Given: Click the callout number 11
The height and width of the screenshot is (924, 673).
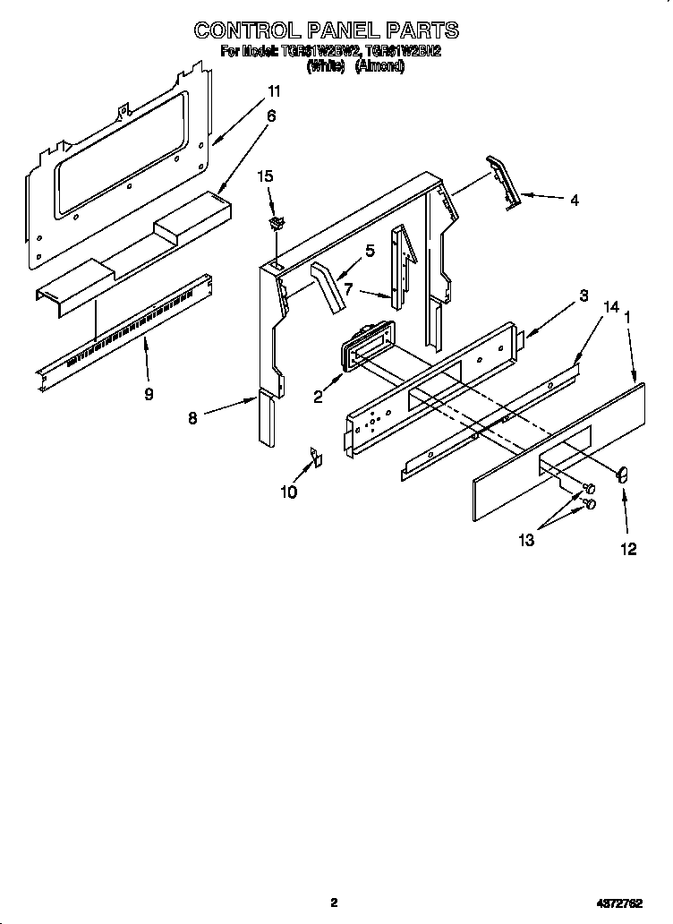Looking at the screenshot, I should pyautogui.click(x=274, y=91).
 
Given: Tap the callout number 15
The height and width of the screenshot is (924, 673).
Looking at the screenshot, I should pyautogui.click(x=264, y=176).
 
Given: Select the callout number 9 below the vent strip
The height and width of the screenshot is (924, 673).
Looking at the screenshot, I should pyautogui.click(x=149, y=393).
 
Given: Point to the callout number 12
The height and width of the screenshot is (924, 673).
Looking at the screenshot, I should pyautogui.click(x=628, y=549).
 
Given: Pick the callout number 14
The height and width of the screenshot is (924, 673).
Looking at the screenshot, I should pyautogui.click(x=611, y=306).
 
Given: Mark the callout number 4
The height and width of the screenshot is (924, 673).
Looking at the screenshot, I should pyautogui.click(x=574, y=201).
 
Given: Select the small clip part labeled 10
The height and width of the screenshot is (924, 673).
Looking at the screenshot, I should pyautogui.click(x=315, y=458).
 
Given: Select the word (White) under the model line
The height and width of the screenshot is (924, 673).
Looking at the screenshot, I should pyautogui.click(x=326, y=66).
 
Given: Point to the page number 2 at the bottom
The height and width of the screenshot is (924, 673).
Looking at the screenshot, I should pyautogui.click(x=334, y=903).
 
